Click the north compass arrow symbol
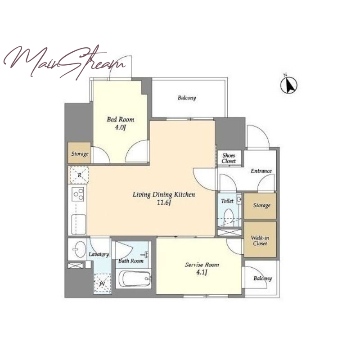coord(289,85)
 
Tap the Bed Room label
coord(121,119)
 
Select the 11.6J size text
coord(164,202)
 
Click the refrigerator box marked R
coord(80,175)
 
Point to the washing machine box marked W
coord(103,283)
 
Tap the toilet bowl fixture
coord(229,216)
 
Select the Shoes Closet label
coord(229,158)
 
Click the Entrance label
coord(261,171)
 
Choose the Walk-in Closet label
coord(260,241)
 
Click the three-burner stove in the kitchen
coord(78,194)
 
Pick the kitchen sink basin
coord(79,224)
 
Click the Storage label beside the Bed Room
coord(80,153)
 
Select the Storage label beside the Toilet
coord(262,205)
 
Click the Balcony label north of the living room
coord(187,98)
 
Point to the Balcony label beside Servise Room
coord(263,279)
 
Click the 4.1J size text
coord(202,273)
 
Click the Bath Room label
coord(131,261)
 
